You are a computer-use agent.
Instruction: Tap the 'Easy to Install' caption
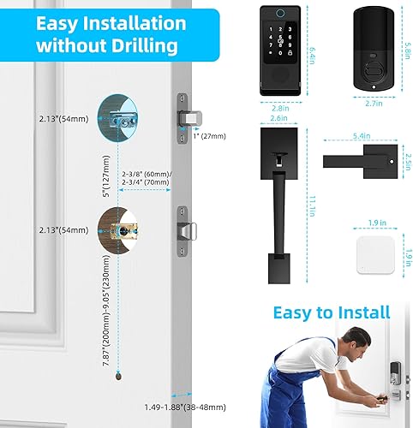[332, 312]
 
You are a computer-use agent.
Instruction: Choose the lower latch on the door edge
[184, 229]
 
